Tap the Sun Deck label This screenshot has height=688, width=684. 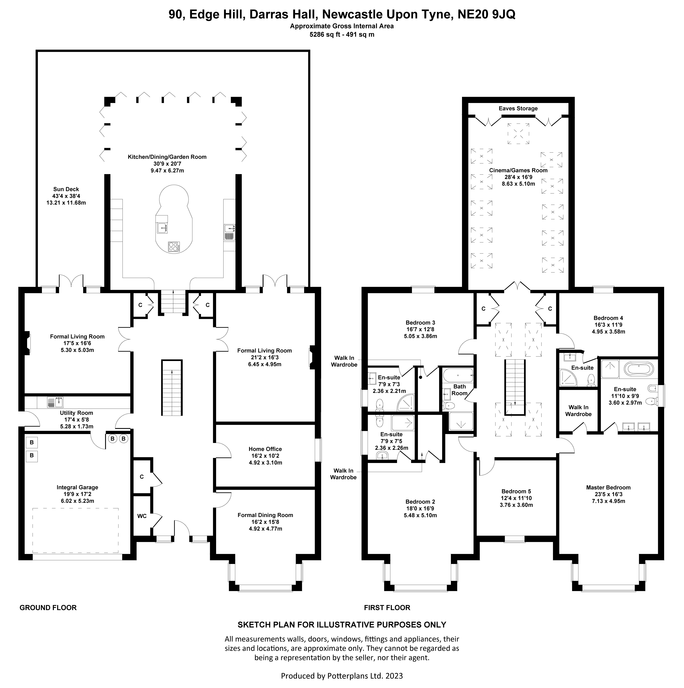66,189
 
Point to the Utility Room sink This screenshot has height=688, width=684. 55,402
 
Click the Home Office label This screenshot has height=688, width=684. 265,449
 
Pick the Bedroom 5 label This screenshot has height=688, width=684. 516,491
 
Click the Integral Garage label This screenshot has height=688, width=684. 77,488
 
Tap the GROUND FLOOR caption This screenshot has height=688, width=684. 48,608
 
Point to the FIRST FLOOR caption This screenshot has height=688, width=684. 387,608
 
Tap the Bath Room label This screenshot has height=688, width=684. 459,390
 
